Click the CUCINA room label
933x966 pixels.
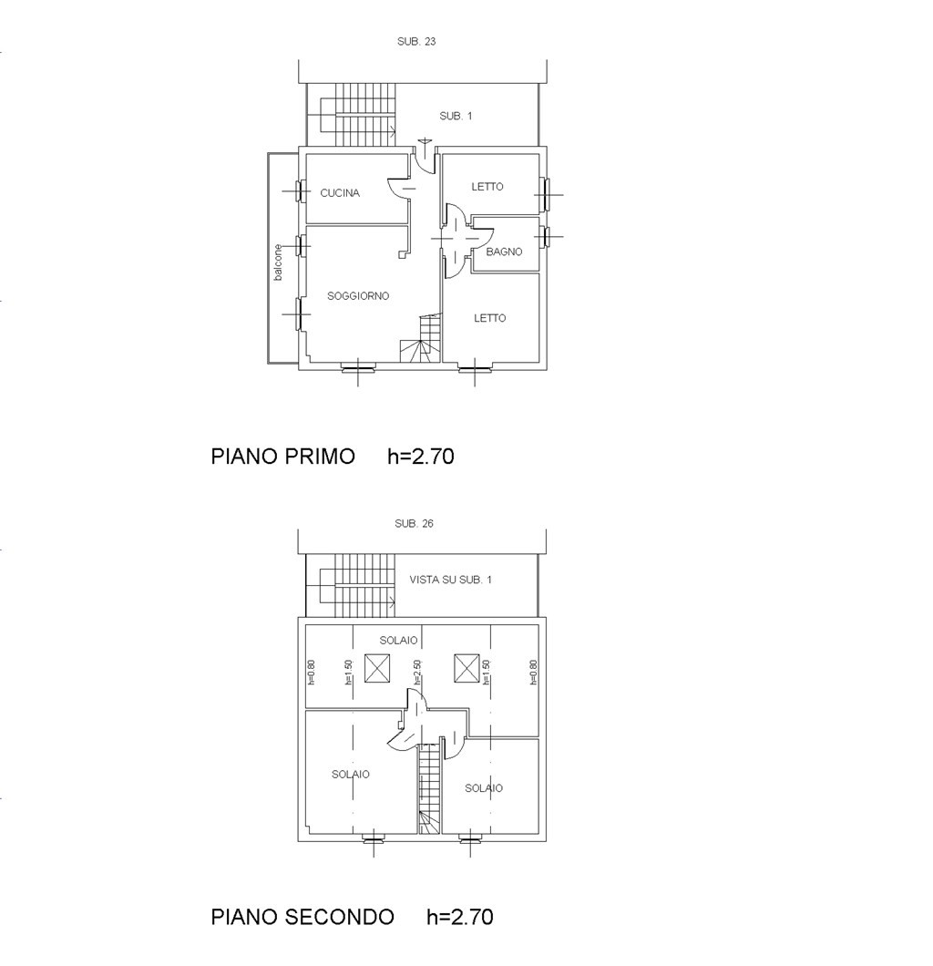click(340, 193)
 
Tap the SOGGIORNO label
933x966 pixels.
click(358, 295)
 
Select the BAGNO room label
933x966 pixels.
click(504, 252)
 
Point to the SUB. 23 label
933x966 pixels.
click(416, 41)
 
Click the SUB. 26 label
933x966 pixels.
click(414, 523)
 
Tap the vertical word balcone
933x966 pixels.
click(278, 262)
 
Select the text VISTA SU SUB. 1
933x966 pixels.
click(450, 579)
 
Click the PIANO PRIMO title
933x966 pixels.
click(282, 456)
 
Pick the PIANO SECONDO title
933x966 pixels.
click(302, 917)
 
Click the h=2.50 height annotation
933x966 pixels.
click(417, 673)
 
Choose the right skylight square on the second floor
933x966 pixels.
click(466, 668)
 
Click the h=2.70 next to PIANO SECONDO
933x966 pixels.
click(460, 917)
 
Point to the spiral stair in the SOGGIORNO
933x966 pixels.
click(421, 338)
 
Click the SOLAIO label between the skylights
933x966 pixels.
click(398, 640)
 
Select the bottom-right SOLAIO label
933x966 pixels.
click(484, 788)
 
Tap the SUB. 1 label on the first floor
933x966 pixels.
click(455, 116)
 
